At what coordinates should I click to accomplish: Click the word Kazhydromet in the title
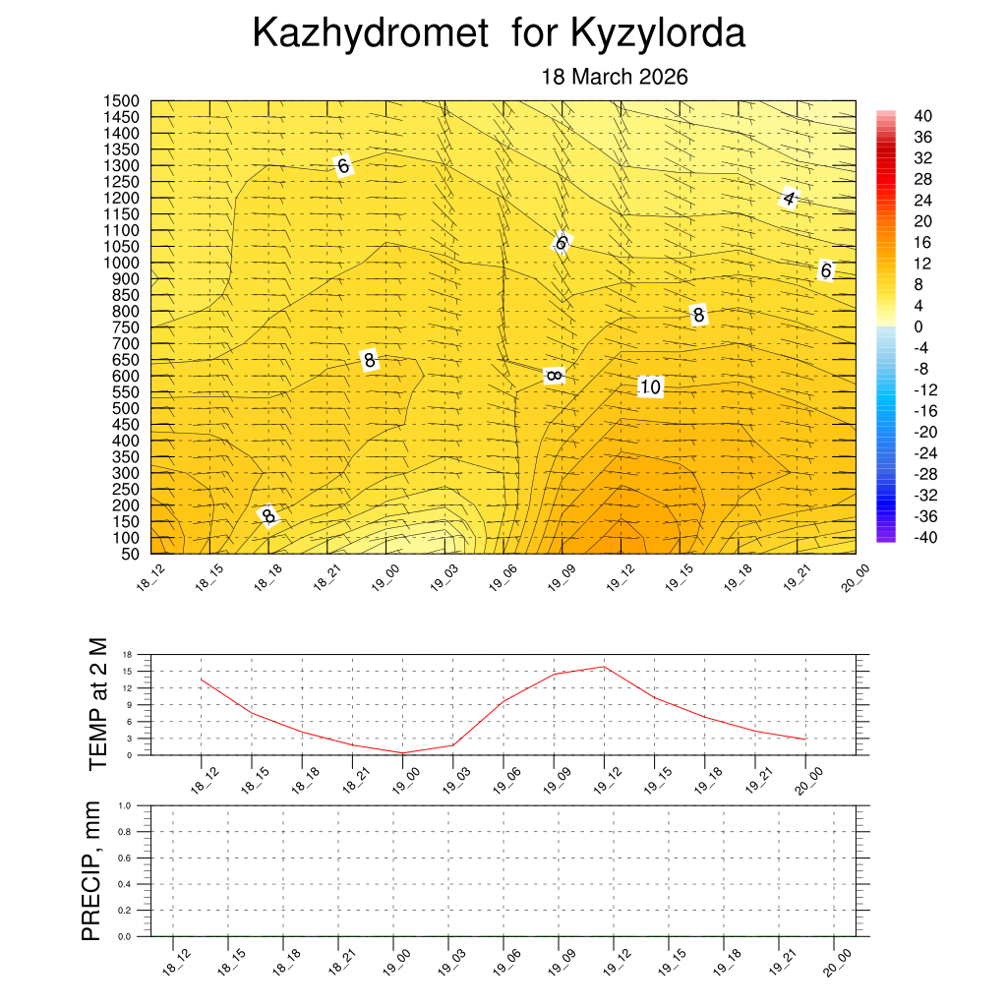click(370, 34)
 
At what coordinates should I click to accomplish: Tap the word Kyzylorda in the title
click(657, 34)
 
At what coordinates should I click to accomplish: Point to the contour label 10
click(649, 387)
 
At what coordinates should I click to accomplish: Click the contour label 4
click(789, 200)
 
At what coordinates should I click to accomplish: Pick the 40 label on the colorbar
click(922, 116)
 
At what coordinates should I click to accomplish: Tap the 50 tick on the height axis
click(129, 554)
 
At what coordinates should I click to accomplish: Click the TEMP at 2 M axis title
click(96, 704)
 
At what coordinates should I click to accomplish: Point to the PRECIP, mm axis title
click(91, 870)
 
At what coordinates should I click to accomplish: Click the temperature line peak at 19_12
click(604, 667)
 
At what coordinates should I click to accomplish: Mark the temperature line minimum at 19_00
click(402, 752)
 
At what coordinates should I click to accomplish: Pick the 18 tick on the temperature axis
click(127, 654)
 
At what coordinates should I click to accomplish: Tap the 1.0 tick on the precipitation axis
click(125, 805)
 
